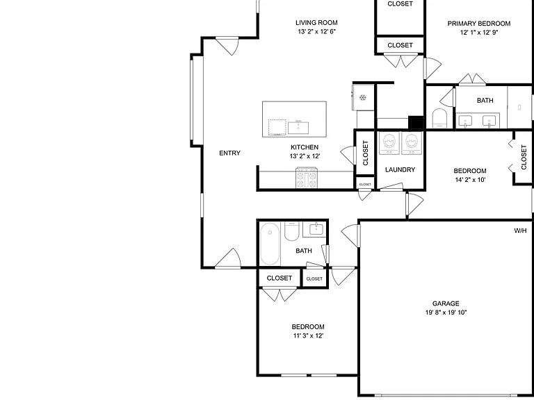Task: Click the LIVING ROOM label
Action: pos(316,23)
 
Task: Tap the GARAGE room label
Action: pos(446,303)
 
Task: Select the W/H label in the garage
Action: pos(520,231)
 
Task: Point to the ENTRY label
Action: pos(229,153)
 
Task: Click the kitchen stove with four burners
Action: pos(307,177)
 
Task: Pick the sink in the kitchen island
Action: pos(298,128)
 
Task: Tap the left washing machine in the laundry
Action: pos(389,143)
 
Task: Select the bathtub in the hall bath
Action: pos(270,243)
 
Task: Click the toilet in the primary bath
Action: pos(439,118)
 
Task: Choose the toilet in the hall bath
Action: pos(291,231)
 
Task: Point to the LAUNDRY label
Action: pos(400,169)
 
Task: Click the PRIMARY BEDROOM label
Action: pos(479,24)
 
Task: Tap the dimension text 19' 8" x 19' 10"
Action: pos(446,312)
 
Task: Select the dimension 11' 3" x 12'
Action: pos(308,335)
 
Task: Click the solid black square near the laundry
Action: pos(416,123)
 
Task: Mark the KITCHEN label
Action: pos(305,147)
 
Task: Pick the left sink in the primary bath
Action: pos(465,121)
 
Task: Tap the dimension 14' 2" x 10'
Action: pos(470,180)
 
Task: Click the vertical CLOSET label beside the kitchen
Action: pos(366,153)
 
